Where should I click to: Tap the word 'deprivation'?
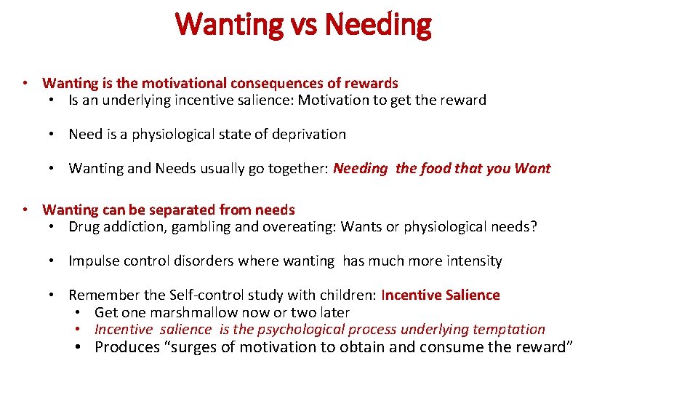[305, 134]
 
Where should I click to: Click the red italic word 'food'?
[435, 169]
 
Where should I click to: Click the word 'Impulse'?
[92, 261]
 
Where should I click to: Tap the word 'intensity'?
[473, 261]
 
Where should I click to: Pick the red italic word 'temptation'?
[508, 329]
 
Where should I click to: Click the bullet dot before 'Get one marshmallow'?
[77, 312]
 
